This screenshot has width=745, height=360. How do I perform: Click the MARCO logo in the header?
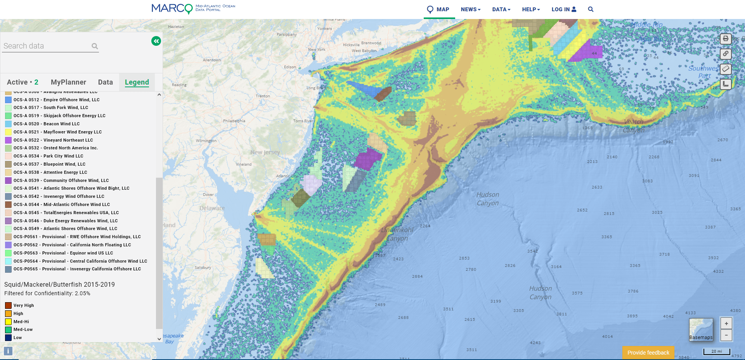172,9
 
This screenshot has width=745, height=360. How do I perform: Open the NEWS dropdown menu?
470,9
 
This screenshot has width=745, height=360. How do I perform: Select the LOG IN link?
563,9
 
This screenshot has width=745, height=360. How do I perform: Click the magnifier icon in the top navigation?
591,9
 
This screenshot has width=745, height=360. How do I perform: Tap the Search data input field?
47,46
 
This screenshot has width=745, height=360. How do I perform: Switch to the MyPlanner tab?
68,82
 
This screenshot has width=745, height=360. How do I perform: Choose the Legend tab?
137,82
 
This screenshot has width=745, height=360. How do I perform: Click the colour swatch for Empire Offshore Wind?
8,100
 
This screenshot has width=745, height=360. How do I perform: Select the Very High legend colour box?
8,305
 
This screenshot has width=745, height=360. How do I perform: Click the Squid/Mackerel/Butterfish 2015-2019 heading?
59,284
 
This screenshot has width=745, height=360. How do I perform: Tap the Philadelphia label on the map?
234,121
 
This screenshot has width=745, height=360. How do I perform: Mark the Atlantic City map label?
286,176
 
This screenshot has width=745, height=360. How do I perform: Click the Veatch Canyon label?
634,126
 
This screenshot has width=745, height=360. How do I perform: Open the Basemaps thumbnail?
701,329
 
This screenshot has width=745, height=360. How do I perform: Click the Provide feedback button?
648,353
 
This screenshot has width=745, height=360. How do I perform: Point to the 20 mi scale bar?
717,351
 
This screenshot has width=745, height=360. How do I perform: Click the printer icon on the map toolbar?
726,39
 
